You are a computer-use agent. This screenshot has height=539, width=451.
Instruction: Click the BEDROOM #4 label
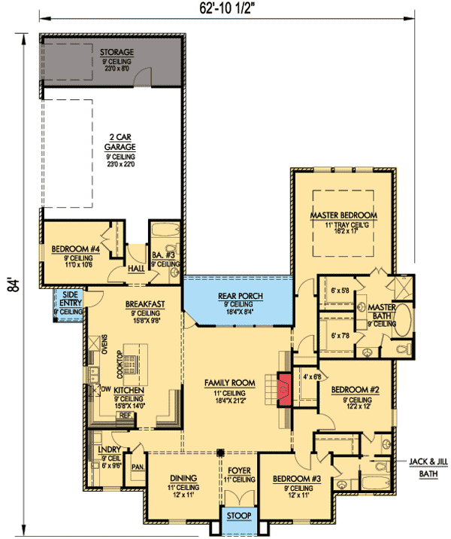click(72, 249)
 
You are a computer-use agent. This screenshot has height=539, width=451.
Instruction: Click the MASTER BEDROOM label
click(344, 215)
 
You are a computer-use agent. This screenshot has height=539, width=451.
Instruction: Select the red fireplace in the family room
click(283, 389)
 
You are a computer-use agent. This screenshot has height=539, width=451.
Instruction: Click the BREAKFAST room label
click(145, 304)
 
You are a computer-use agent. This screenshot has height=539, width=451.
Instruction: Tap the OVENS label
click(104, 343)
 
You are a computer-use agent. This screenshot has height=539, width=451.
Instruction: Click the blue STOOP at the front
click(239, 519)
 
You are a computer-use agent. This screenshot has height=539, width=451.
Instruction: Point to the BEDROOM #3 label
click(293, 479)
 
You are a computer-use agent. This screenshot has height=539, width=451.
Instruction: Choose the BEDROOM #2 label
click(353, 389)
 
